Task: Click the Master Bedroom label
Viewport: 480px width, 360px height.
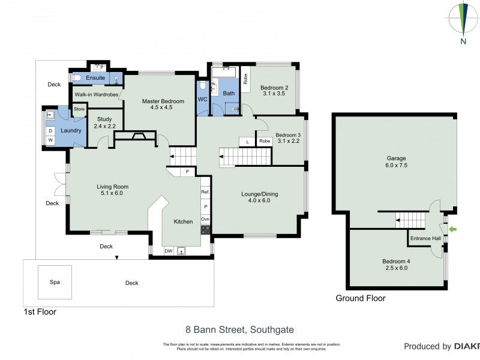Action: pyautogui.click(x=163, y=104)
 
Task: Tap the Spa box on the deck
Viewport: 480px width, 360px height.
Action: pyautogui.click(x=55, y=282)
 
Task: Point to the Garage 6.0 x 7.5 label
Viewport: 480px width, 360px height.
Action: pyautogui.click(x=397, y=162)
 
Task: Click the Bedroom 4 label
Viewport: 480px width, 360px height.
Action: pyautogui.click(x=396, y=265)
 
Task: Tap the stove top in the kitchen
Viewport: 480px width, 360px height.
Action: pyautogui.click(x=205, y=229)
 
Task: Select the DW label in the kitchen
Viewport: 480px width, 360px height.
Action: pyautogui.click(x=169, y=251)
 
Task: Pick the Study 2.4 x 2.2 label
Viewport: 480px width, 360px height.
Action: pyautogui.click(x=104, y=122)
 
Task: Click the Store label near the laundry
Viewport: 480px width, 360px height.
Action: pyautogui.click(x=79, y=109)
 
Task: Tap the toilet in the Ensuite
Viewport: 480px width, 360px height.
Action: pyautogui.click(x=77, y=78)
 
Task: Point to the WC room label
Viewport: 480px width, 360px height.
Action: pyautogui.click(x=202, y=98)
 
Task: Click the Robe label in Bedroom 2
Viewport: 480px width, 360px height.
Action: pyautogui.click(x=245, y=78)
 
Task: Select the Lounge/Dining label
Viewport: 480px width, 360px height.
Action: pyautogui.click(x=259, y=197)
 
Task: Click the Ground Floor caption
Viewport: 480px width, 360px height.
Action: pyautogui.click(x=360, y=298)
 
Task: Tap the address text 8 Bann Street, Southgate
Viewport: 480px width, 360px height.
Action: pyautogui.click(x=239, y=329)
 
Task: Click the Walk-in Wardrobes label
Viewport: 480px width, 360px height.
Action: pyautogui.click(x=96, y=94)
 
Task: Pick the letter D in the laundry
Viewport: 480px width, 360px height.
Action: pyautogui.click(x=50, y=130)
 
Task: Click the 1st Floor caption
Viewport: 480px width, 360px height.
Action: pyautogui.click(x=39, y=311)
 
